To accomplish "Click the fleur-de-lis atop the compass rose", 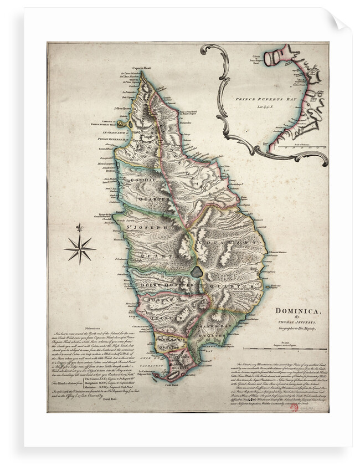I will [x=80, y=228].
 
